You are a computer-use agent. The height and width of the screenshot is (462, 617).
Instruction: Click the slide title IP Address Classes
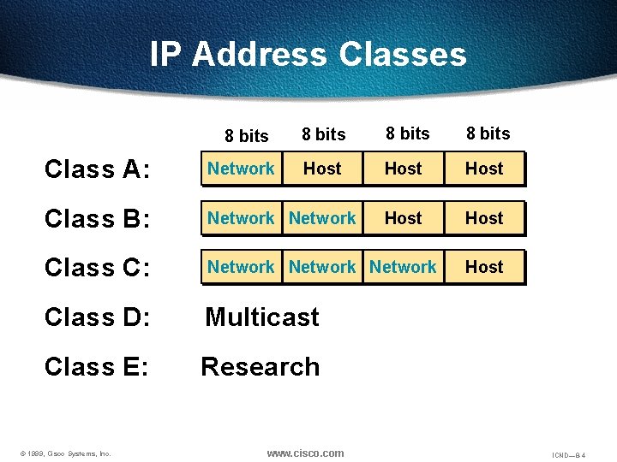[308, 54]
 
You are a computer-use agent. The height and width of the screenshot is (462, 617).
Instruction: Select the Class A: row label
[97, 169]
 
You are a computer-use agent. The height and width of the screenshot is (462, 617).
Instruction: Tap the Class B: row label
[97, 219]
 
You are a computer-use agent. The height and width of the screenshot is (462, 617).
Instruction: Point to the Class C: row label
[97, 268]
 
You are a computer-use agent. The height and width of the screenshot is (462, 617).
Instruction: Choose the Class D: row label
[97, 317]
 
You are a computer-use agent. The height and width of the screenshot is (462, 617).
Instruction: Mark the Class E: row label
[97, 367]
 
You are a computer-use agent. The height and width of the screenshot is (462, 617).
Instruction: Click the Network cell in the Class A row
[241, 169]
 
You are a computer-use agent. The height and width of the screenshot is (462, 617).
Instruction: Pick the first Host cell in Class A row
[322, 169]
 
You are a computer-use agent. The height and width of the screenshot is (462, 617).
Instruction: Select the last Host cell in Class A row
[484, 169]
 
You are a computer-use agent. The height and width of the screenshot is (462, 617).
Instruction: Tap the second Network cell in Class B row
[322, 218]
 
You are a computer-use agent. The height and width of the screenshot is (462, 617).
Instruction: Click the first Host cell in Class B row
[404, 218]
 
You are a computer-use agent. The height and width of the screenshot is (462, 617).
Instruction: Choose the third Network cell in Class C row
[404, 267]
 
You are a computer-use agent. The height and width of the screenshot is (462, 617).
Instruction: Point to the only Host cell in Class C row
[484, 267]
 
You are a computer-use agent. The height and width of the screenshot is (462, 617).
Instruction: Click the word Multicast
[262, 317]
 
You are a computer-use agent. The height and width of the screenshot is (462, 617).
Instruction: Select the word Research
[261, 367]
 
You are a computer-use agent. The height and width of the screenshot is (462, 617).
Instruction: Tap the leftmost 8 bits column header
[247, 136]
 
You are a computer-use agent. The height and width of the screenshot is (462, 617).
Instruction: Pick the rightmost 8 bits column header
[488, 133]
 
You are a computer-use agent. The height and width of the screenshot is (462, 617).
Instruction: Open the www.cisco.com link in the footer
[305, 453]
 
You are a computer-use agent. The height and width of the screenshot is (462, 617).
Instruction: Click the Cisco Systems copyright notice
[65, 453]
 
